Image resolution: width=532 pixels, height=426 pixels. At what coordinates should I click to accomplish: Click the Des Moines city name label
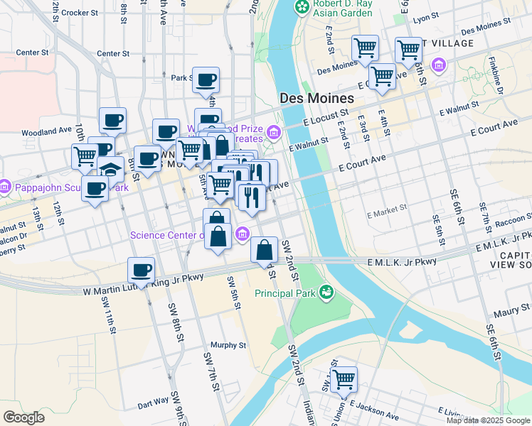point(316,98)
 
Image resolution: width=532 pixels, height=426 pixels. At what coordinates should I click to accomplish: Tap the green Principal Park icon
point(326,292)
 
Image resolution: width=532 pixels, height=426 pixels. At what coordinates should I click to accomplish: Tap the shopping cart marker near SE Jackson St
point(344,380)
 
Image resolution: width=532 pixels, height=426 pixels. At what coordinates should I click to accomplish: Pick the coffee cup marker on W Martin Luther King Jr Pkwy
point(141,271)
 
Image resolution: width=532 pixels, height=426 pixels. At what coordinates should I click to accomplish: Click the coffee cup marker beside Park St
point(206,80)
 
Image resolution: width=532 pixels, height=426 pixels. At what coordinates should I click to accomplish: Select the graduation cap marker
point(111,170)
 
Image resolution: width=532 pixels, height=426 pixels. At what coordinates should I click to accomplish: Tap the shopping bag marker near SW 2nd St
point(264,250)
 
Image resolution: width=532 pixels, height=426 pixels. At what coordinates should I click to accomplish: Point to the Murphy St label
point(233,345)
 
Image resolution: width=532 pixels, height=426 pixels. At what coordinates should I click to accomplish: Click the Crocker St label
point(79,13)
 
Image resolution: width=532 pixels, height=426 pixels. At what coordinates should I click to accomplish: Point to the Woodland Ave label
point(48,131)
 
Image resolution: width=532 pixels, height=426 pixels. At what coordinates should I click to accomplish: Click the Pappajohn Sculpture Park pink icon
point(4,188)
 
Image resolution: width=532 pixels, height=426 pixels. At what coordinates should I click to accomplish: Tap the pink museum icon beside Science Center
point(243,233)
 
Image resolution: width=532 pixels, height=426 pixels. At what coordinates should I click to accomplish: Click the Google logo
point(24,417)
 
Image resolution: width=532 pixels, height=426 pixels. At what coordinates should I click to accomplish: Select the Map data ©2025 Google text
point(488,420)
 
